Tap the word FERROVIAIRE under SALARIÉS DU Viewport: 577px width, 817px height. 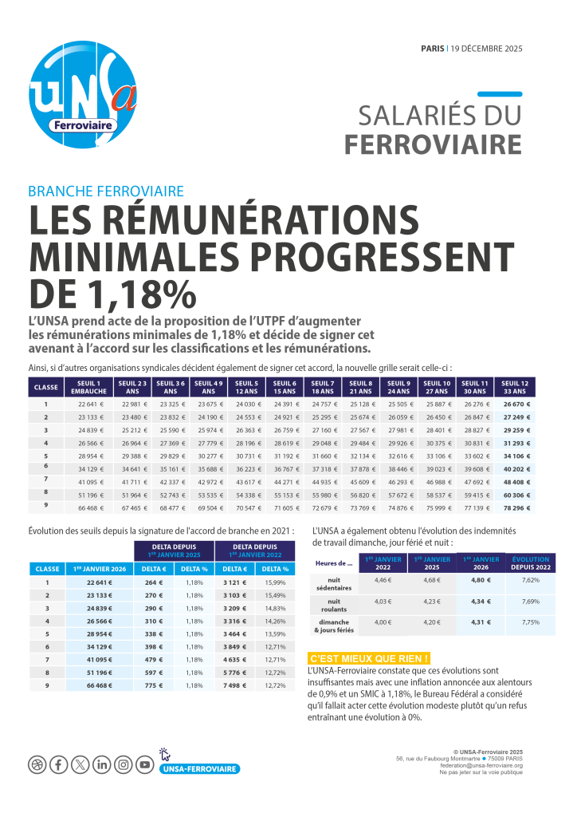pyautogui.click(x=433, y=144)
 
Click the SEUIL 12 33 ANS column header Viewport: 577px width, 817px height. pyautogui.click(x=515, y=388)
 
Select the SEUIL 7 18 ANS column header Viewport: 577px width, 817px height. pyautogui.click(x=321, y=388)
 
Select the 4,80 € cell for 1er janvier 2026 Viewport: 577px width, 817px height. pyautogui.click(x=479, y=580)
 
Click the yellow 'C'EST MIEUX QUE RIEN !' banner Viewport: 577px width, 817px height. pyautogui.click(x=369, y=658)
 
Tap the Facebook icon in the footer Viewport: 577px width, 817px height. pyautogui.click(x=58, y=765)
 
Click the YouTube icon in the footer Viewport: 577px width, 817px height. pyautogui.click(x=144, y=765)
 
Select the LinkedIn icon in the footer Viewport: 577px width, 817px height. pyautogui.click(x=101, y=765)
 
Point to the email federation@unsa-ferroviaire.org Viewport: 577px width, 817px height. pyautogui.click(x=481, y=764)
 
